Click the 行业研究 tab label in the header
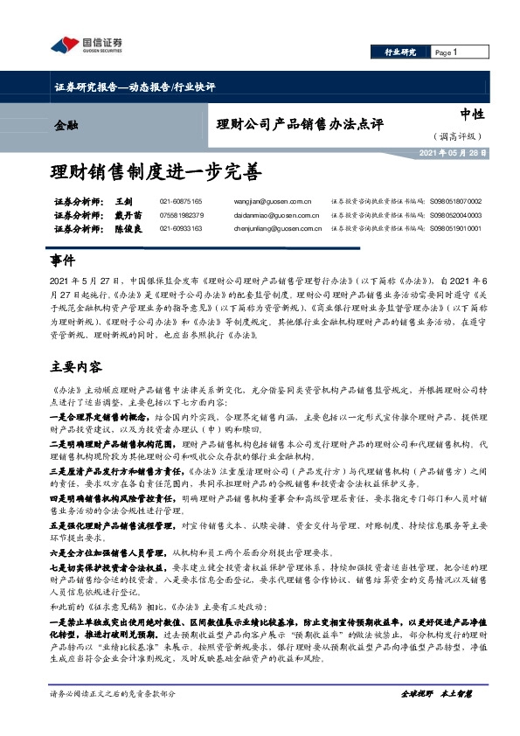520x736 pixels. point(400,52)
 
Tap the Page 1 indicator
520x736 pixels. point(446,52)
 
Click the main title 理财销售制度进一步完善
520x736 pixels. point(155,170)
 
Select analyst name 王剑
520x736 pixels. point(122,202)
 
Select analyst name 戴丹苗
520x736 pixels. point(128,215)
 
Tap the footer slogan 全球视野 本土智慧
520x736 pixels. point(435,718)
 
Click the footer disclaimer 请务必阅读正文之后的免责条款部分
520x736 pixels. point(114,718)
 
